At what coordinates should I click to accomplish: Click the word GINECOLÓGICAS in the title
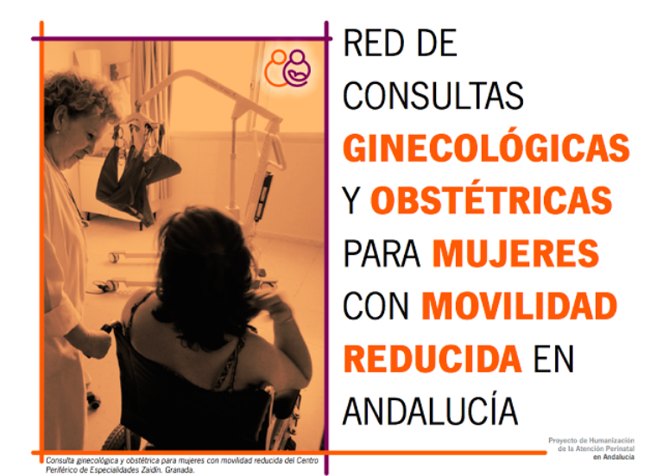click(x=485, y=148)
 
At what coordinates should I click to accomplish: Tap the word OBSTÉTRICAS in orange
click(x=490, y=200)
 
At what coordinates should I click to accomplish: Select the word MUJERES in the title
click(x=515, y=253)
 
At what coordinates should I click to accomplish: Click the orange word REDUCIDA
click(x=432, y=357)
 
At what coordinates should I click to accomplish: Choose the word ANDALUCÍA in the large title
click(x=430, y=409)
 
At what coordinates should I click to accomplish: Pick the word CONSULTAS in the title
click(x=433, y=96)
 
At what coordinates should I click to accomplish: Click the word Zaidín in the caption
click(x=146, y=471)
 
